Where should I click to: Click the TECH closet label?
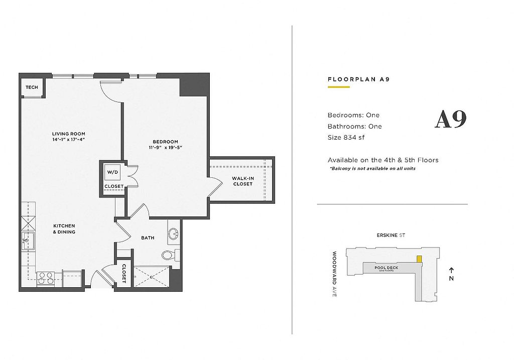point(32,87)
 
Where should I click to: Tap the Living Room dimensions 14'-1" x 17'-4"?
point(69,140)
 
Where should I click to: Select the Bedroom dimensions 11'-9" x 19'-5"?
point(166,148)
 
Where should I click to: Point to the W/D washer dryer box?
point(113,172)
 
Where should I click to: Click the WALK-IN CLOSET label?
point(243,181)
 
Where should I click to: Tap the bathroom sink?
point(173,234)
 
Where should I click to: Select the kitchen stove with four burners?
point(46,278)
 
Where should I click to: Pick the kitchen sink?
point(28,241)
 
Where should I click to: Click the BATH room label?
point(148,237)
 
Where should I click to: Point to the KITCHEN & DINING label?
point(64,229)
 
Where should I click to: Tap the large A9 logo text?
point(450,119)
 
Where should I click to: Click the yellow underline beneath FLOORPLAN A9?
point(339,87)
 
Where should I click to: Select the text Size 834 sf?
point(346,138)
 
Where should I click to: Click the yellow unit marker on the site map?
point(419,259)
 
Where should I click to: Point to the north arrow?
point(451,271)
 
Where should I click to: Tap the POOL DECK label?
point(387,268)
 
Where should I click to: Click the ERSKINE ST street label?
point(391,235)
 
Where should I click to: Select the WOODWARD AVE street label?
point(334,274)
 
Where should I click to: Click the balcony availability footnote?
point(373,169)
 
